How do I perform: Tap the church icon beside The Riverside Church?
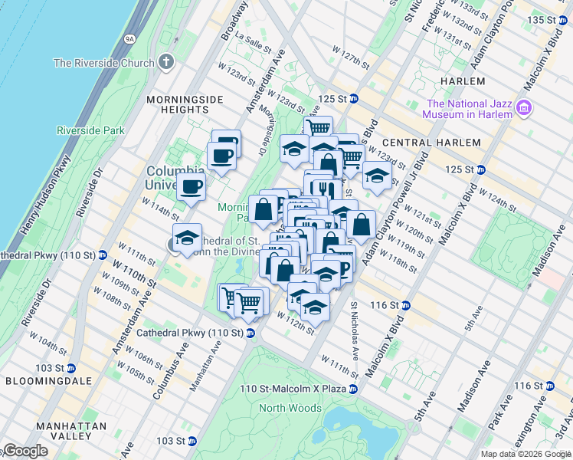[165, 62]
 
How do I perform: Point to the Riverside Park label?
[90, 130]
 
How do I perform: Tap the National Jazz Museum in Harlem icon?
[525, 108]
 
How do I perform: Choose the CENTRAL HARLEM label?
[431, 143]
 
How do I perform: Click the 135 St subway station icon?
[565, 19]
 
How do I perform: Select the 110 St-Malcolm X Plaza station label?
[293, 389]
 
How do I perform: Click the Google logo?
[25, 451]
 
